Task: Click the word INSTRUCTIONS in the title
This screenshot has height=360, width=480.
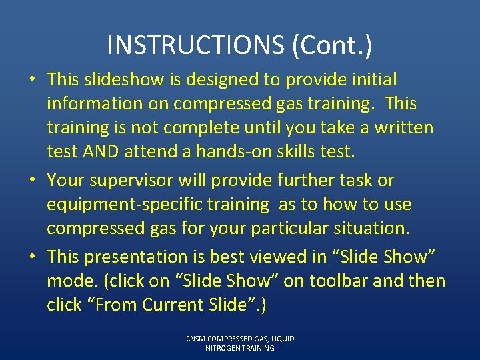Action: (x=194, y=45)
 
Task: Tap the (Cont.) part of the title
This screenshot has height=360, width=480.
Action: (x=331, y=45)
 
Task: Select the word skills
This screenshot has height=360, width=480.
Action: (x=297, y=152)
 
